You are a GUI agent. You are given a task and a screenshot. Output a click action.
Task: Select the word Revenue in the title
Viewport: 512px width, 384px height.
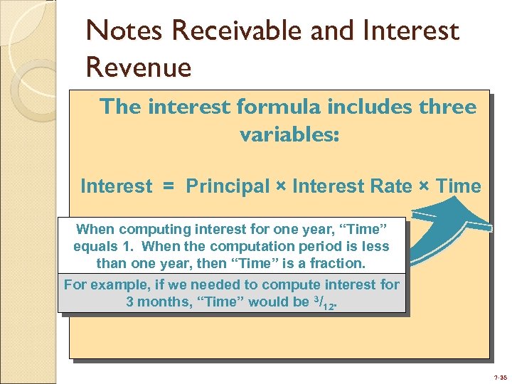coord(139,68)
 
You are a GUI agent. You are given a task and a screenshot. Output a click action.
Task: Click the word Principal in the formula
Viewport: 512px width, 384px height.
coord(228,186)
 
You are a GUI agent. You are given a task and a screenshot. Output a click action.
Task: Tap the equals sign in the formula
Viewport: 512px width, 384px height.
coord(169,187)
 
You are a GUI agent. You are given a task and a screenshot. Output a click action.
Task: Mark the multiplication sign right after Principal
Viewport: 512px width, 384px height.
coord(282,187)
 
